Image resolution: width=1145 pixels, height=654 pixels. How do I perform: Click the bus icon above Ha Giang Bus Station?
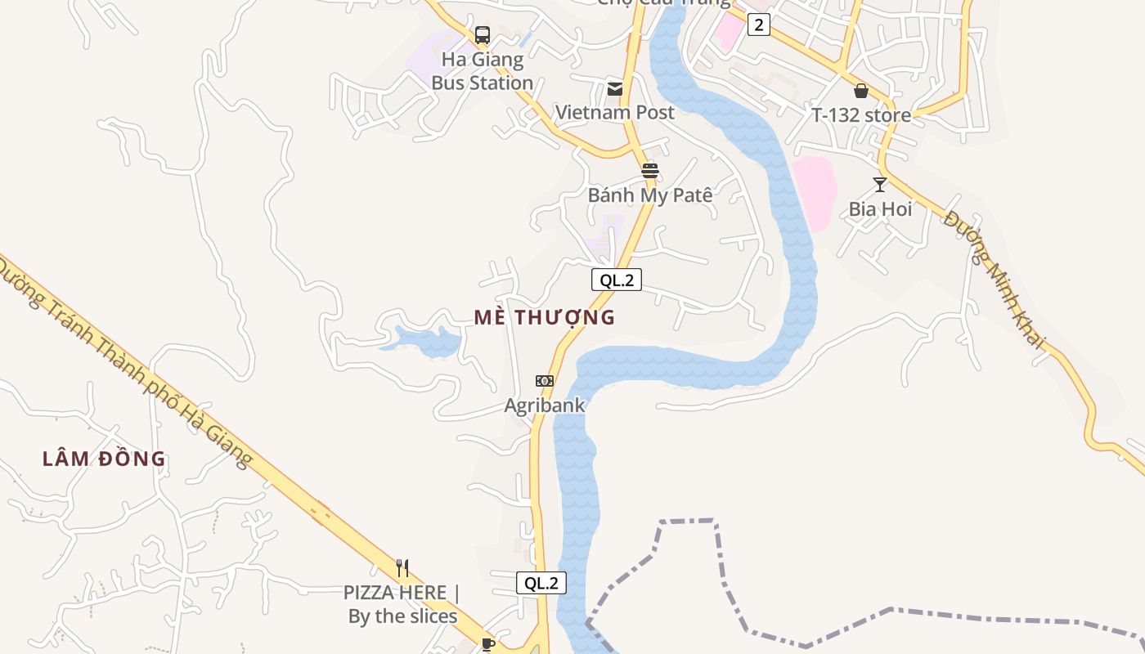pyautogui.click(x=483, y=35)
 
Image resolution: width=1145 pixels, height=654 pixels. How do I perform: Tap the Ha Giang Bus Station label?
pyautogui.click(x=482, y=71)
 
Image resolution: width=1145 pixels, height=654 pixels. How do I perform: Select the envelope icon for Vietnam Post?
pyautogui.click(x=614, y=88)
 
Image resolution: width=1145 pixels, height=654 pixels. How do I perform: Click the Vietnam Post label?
pyautogui.click(x=615, y=112)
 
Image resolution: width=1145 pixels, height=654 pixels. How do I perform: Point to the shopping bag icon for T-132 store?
pyautogui.click(x=860, y=91)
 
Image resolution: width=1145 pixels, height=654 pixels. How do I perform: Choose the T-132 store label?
pyautogui.click(x=860, y=115)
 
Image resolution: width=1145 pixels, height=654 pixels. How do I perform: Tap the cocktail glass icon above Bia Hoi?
pyautogui.click(x=880, y=185)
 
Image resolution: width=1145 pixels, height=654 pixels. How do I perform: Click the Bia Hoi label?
pyautogui.click(x=880, y=209)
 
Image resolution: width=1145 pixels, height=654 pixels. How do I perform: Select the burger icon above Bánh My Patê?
pyautogui.click(x=650, y=171)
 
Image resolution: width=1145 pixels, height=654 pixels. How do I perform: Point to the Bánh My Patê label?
pyautogui.click(x=650, y=195)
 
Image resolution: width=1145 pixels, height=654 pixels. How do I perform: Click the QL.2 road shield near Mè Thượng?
pyautogui.click(x=617, y=280)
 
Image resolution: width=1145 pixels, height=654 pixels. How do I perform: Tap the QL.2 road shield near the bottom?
pyautogui.click(x=541, y=583)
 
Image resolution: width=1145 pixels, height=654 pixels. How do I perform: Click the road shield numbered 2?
pyautogui.click(x=759, y=25)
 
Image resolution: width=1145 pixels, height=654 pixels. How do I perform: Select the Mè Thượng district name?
pyautogui.click(x=545, y=317)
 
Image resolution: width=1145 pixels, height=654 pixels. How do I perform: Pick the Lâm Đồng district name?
pyautogui.click(x=104, y=459)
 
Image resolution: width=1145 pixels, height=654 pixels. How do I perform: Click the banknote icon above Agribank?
pyautogui.click(x=545, y=381)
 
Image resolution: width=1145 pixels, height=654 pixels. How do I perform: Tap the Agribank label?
pyautogui.click(x=545, y=405)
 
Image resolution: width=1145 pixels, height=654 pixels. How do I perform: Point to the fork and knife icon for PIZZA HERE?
pyautogui.click(x=402, y=568)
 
